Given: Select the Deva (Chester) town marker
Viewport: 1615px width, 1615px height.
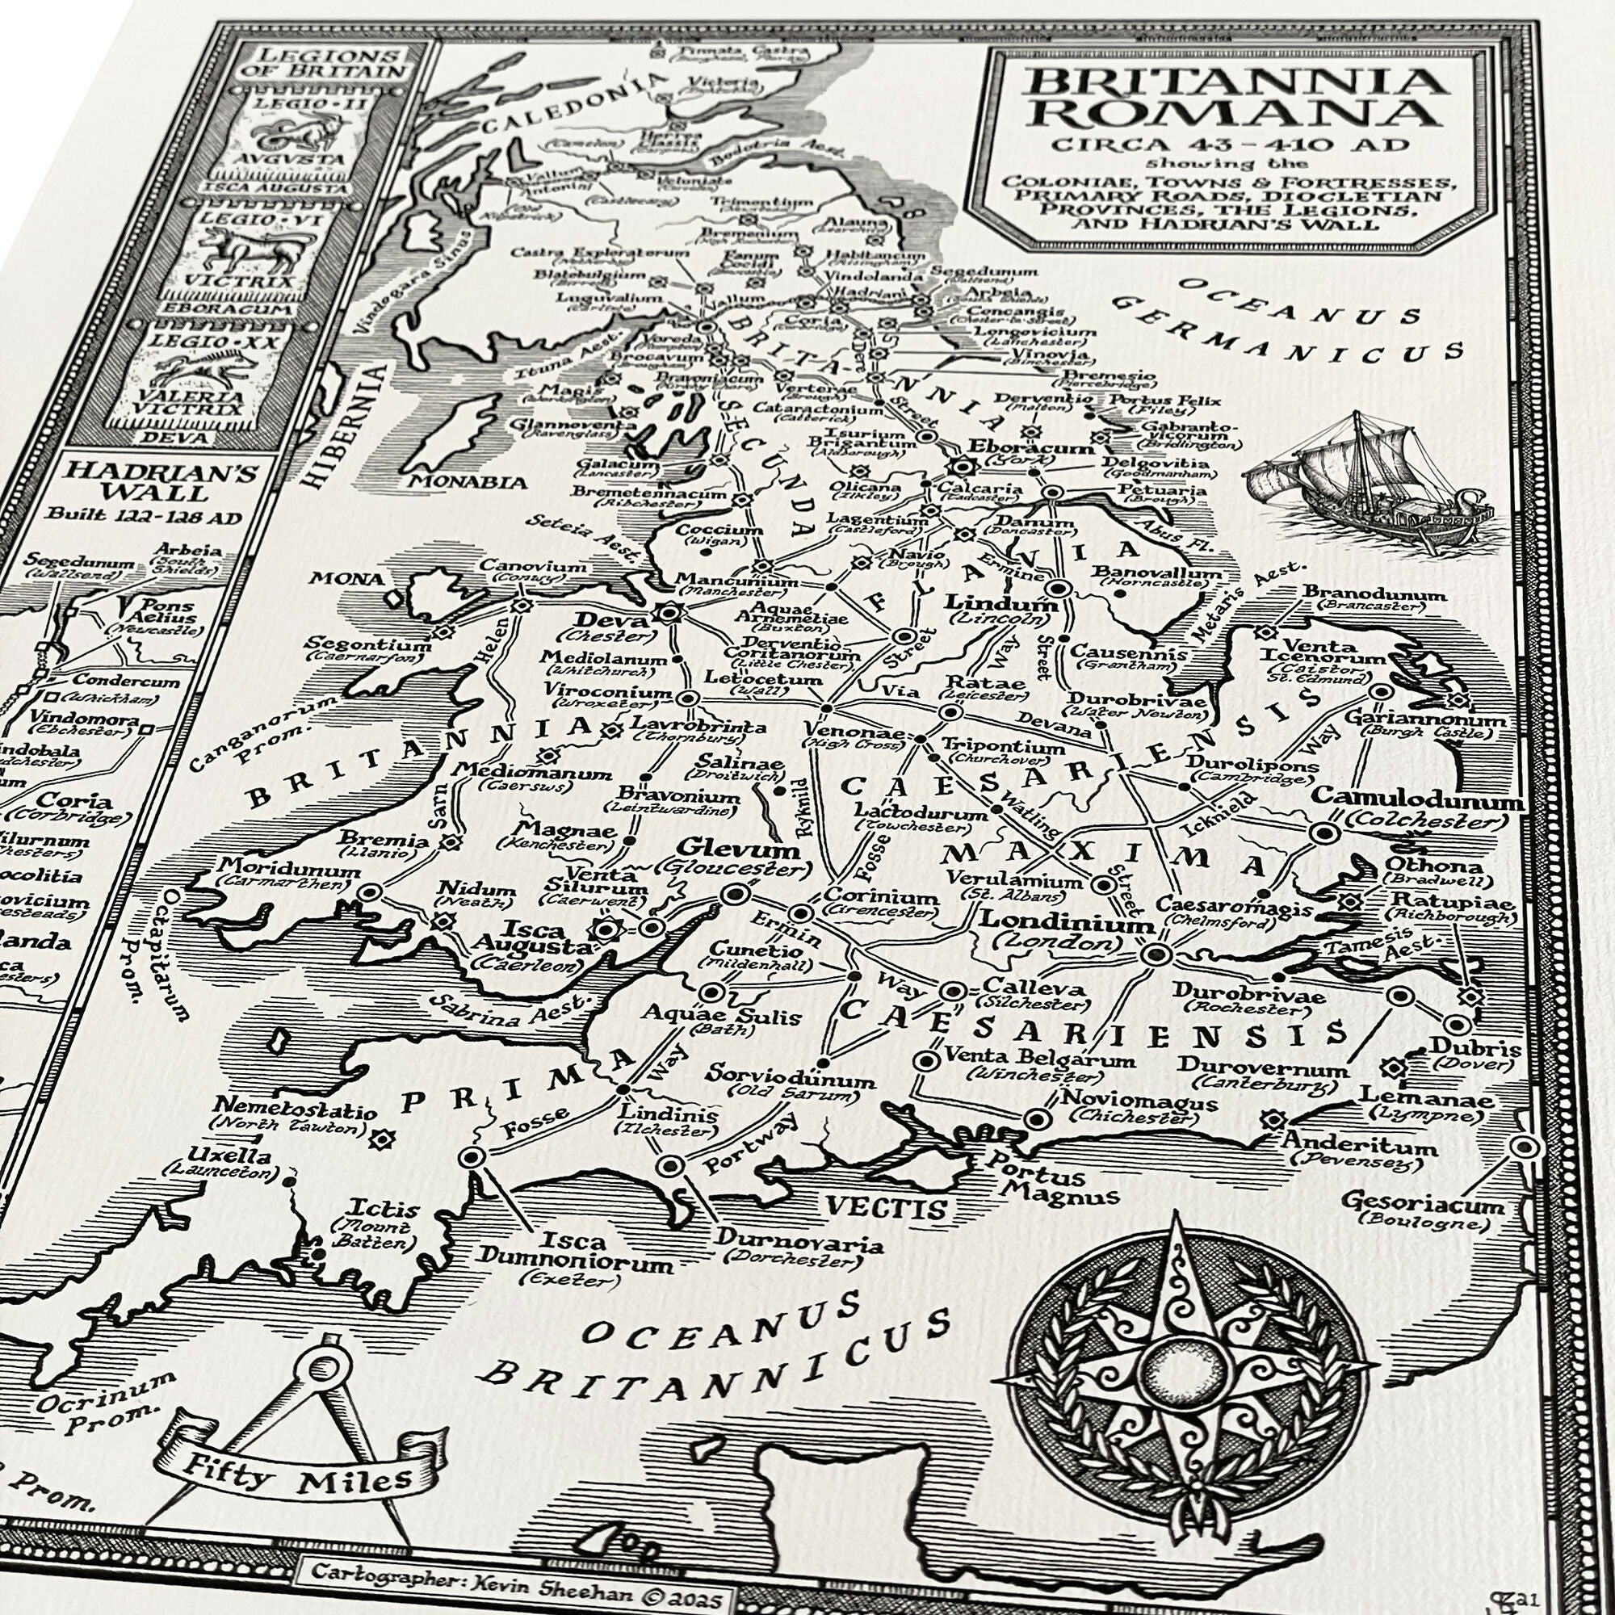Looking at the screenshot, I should point(668,614).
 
